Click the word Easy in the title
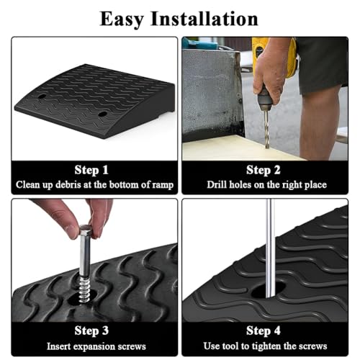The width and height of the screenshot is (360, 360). click(x=122, y=19)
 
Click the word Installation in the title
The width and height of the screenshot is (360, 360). click(x=204, y=19)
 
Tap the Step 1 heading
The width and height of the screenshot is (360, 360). click(x=91, y=170)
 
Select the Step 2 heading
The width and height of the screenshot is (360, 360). click(x=264, y=170)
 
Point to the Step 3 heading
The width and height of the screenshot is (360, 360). click(x=91, y=330)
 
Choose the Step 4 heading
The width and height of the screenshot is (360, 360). click(x=264, y=330)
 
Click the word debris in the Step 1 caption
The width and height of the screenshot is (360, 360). click(x=68, y=184)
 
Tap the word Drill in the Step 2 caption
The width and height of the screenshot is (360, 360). click(x=217, y=184)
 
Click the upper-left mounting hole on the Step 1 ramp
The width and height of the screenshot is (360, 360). click(x=42, y=96)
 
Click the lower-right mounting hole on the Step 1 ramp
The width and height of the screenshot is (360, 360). click(x=103, y=114)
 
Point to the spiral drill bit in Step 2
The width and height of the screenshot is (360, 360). click(x=266, y=127)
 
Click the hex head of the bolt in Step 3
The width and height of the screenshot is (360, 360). click(x=86, y=230)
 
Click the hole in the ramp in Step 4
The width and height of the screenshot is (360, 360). click(x=269, y=289)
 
